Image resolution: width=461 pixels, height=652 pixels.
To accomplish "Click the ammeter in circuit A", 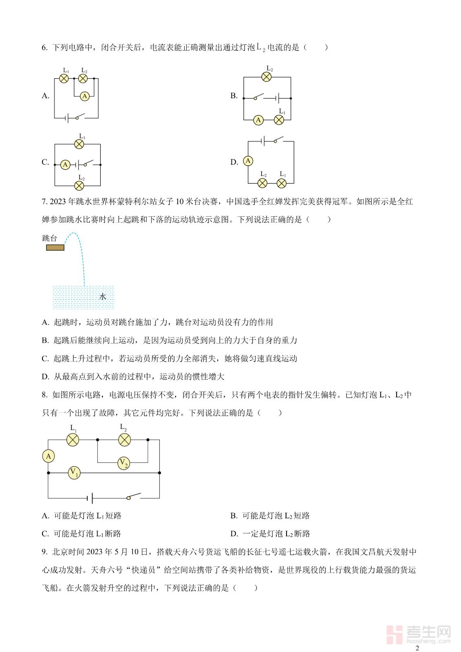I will pos(85,96).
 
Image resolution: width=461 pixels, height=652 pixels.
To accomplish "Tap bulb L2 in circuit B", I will pos(267,77).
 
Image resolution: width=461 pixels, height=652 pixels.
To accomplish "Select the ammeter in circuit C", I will pos(65,165).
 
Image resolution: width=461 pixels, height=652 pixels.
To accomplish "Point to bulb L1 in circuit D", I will pos(282,183).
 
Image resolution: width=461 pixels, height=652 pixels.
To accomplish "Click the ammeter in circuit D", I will pos(248,161).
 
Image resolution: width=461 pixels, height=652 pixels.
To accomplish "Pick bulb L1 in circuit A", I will pos(64,78).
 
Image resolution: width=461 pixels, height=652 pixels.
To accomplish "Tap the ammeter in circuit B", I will pos(258,120).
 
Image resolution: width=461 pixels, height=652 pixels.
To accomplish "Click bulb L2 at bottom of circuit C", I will pos(79,186).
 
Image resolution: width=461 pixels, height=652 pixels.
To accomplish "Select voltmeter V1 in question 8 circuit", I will pos(74,473).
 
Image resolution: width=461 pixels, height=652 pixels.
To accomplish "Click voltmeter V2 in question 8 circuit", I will pos(124,463).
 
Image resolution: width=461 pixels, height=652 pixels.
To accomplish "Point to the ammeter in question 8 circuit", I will pos(49,456).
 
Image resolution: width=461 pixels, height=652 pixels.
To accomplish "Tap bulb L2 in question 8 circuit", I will pos(124,440).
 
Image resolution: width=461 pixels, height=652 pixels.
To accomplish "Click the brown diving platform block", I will pos(55,247).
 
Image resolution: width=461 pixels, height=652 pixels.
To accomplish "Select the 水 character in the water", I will pos(103,297).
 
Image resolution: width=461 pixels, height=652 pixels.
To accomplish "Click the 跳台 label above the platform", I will pos(50,238).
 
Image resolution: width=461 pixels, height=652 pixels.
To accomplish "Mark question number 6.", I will pos(44,48).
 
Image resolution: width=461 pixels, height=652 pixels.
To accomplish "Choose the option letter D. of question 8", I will pos(234,534).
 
